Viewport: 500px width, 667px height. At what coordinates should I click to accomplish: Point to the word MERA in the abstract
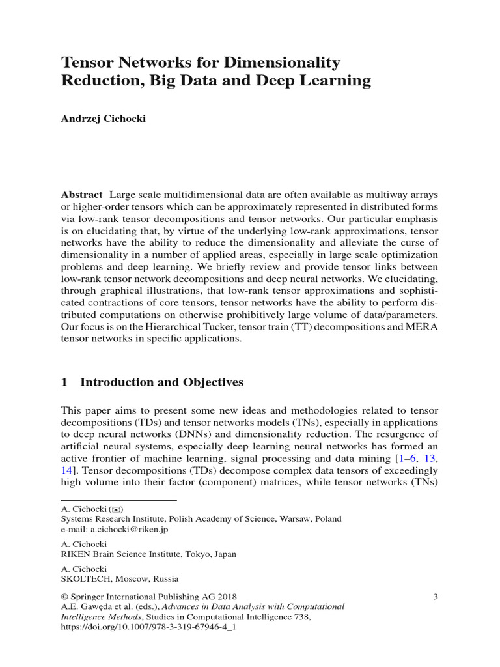[x=421, y=327]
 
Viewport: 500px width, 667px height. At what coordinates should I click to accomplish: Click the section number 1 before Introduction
[x=64, y=382]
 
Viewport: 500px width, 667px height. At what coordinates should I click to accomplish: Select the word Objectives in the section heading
[x=212, y=382]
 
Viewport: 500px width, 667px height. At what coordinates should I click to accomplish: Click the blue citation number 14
[x=67, y=471]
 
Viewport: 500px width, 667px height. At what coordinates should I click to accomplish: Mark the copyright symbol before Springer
[x=64, y=597]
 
